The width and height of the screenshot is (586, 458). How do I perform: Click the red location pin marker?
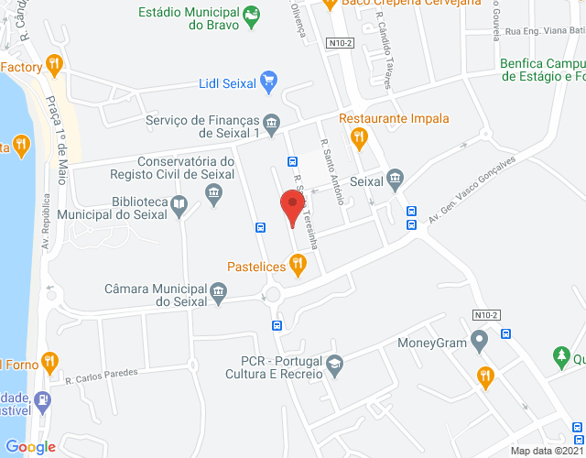click(292, 205)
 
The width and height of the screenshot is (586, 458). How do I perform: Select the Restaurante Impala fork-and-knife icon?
click(359, 137)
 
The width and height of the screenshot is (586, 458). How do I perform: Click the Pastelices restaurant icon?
click(298, 265)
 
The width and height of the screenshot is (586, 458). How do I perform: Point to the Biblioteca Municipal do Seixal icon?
click(180, 205)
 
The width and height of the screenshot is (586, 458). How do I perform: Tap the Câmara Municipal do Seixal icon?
click(218, 292)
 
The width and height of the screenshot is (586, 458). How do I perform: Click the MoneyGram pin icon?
click(479, 342)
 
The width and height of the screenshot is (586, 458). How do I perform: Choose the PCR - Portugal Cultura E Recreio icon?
click(334, 365)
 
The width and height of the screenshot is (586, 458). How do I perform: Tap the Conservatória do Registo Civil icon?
click(214, 192)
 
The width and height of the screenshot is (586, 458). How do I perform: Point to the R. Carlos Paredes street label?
click(102, 374)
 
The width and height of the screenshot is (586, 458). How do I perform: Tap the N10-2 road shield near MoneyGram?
click(486, 315)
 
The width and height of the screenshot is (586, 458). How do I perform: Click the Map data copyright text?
click(547, 451)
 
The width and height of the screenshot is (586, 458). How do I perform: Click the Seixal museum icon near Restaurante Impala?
click(395, 177)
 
